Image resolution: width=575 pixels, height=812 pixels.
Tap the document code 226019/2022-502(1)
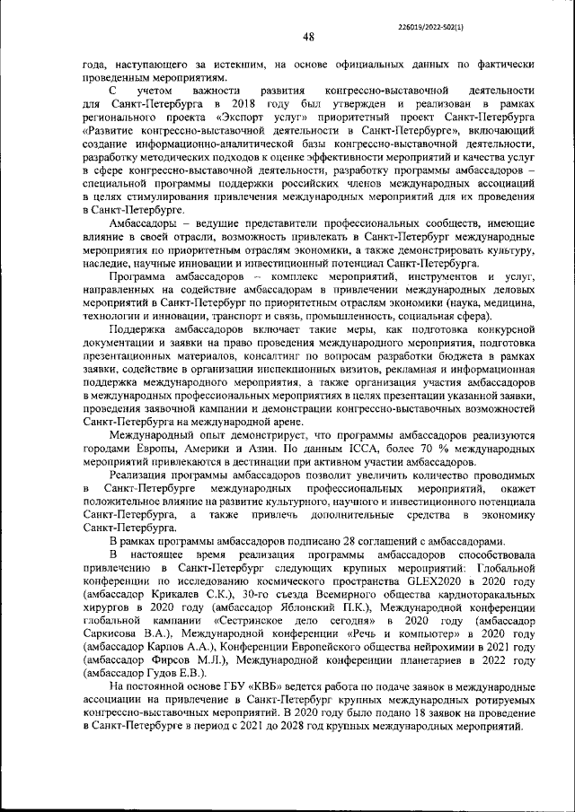(435, 15)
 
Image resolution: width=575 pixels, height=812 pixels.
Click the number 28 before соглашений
(346, 541)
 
